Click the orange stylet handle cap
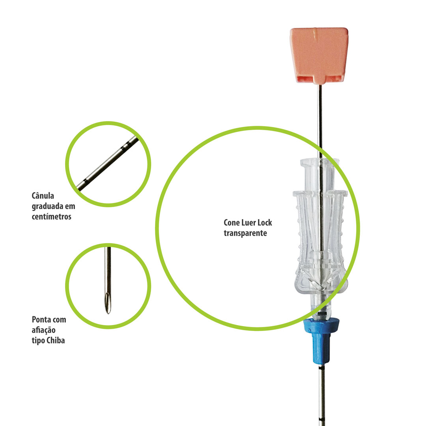click(x=319, y=55)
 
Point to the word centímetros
click(x=52, y=217)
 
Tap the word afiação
click(x=44, y=330)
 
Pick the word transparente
click(x=245, y=234)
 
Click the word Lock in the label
click(x=265, y=223)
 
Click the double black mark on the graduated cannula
click(x=125, y=147)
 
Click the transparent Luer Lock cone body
click(x=320, y=239)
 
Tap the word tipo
click(x=38, y=341)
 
